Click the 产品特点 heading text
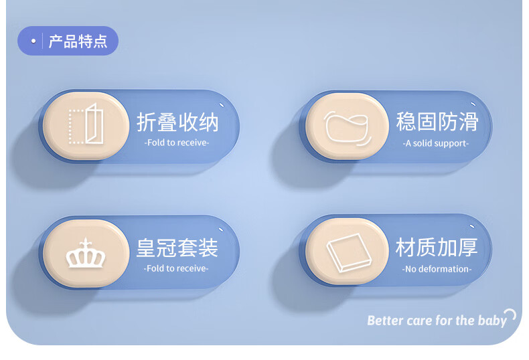(x=78, y=41)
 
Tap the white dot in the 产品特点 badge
(x=33, y=41)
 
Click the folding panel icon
(x=86, y=124)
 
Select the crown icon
(x=86, y=253)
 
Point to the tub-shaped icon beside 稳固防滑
(x=348, y=128)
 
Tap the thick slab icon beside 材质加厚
(x=349, y=252)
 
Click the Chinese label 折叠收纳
(x=178, y=122)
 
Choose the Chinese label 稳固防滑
(x=437, y=122)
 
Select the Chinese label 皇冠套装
(x=177, y=248)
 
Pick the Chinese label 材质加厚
(x=437, y=248)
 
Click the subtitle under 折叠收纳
(x=177, y=143)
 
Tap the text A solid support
(x=435, y=144)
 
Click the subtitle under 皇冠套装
(x=176, y=268)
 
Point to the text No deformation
(x=437, y=269)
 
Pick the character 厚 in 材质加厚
(x=468, y=248)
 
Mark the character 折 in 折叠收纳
(x=147, y=122)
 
